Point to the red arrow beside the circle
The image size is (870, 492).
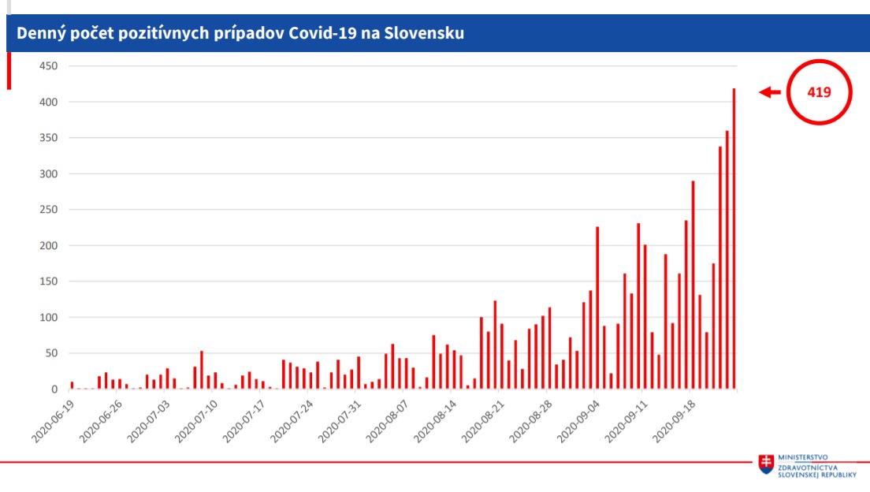769,92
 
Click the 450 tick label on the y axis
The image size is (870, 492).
48,66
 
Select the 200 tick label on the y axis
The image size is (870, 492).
48,246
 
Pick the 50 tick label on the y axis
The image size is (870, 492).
51,353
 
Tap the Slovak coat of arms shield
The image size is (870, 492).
766,464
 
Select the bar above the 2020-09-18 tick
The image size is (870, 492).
693,285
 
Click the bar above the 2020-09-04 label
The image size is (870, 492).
597,307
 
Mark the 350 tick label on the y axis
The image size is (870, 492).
48,138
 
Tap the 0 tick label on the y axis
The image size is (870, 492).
54,389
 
